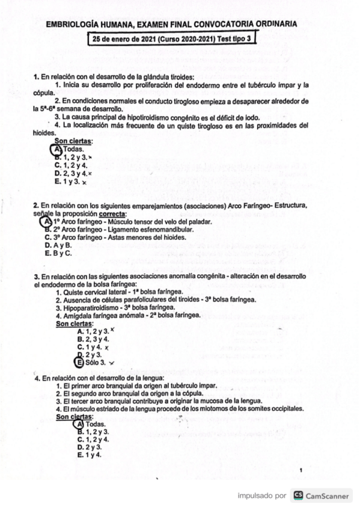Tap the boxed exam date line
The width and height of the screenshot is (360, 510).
pos(172,39)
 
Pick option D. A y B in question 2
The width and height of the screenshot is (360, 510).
pos(58,245)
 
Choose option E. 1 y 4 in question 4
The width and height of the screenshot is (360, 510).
pos(90,455)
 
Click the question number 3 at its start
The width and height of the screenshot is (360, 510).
pos(36,276)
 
